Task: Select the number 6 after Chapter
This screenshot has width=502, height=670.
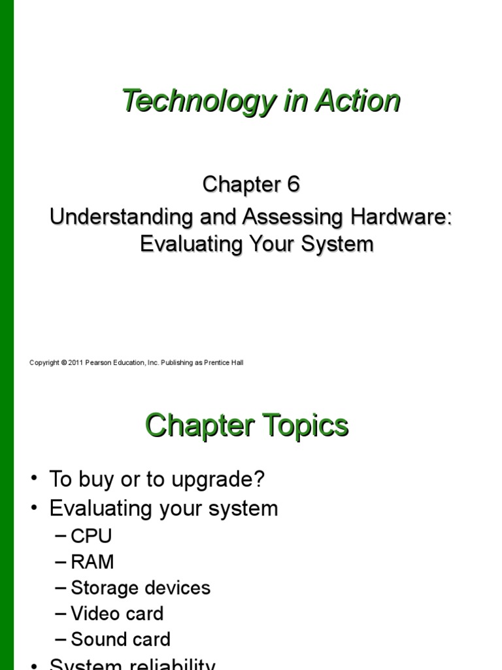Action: (292, 185)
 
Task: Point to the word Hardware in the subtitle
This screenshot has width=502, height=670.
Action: (404, 217)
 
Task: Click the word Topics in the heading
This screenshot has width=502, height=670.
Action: (305, 426)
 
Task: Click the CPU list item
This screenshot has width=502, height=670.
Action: (91, 537)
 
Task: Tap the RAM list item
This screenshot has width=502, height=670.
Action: (92, 562)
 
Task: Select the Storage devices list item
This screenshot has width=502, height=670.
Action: (140, 588)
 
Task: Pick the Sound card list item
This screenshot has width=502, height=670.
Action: (120, 639)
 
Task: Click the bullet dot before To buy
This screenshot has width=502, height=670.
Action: (35, 480)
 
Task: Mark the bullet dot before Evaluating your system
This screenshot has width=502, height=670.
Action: (35, 508)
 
